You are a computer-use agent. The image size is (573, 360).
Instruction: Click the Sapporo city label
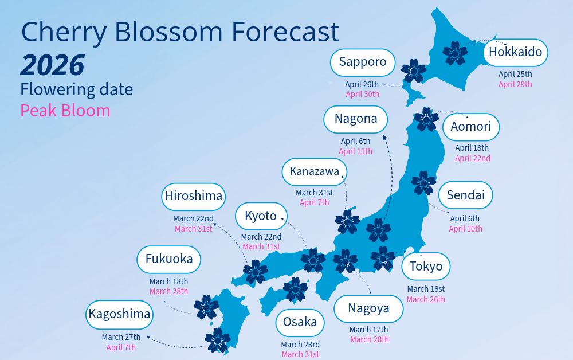[x=363, y=62]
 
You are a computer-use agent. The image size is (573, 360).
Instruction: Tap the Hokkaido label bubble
[x=516, y=53]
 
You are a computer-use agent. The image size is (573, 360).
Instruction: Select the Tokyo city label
[x=426, y=267]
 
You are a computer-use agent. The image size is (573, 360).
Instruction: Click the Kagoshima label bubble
[x=119, y=315]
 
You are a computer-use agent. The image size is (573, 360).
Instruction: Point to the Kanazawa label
[x=315, y=171]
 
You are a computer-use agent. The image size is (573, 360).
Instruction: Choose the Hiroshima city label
[x=194, y=197]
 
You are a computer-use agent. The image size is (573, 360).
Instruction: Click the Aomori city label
[x=471, y=127]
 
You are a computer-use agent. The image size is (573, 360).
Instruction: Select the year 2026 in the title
[x=52, y=65]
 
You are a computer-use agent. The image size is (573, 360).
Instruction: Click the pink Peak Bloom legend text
[x=65, y=111]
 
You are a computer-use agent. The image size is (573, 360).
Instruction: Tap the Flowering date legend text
[x=76, y=89]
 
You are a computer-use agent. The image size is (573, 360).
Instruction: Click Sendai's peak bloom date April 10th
[x=465, y=229]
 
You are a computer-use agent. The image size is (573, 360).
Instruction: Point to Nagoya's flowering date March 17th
[x=369, y=330]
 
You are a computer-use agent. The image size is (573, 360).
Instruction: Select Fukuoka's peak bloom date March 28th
[x=168, y=291]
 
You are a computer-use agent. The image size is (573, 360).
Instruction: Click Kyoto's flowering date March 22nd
[x=261, y=237]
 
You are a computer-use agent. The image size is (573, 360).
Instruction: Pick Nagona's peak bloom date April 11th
[x=355, y=151]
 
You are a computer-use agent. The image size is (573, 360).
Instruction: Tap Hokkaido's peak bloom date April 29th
[x=515, y=84]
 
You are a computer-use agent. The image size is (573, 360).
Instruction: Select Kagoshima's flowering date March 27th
[x=121, y=337]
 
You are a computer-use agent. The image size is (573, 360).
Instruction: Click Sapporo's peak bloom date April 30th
[x=363, y=94]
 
